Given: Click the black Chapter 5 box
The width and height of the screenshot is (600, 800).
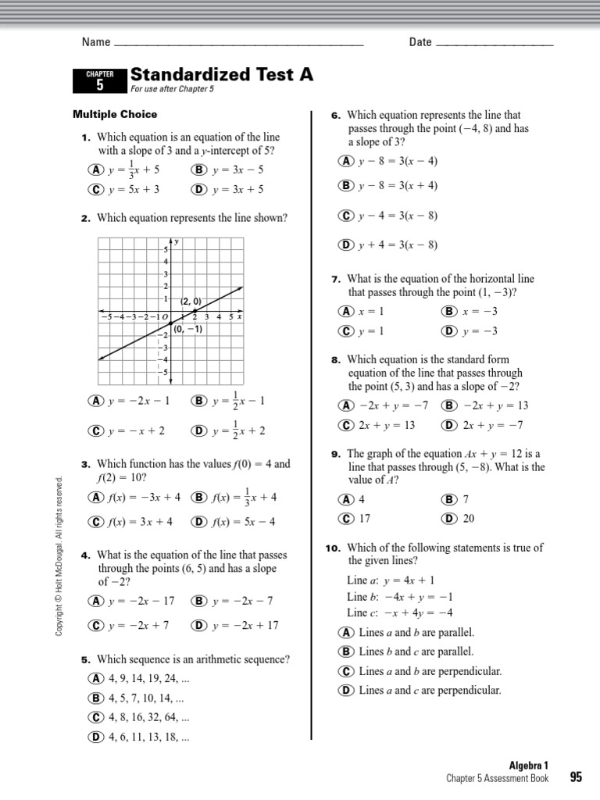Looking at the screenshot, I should point(99,80).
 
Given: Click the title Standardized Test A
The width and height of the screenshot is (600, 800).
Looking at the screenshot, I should point(222,74).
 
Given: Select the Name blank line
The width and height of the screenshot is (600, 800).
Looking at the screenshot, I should point(238,43).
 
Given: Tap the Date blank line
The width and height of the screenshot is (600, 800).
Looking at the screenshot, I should point(494,43).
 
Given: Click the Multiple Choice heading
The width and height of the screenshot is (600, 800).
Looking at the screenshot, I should point(115,114).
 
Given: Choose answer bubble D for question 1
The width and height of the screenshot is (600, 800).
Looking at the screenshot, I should point(197,189).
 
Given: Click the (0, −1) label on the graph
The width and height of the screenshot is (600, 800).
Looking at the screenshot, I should point(188,329).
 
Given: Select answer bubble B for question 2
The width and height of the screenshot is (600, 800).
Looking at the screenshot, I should point(197,401).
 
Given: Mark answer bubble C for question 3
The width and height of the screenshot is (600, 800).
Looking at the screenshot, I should point(96,522).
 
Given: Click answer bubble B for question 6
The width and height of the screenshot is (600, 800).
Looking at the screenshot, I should point(345,185).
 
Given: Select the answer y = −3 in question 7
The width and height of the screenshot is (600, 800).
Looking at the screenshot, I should point(480,330).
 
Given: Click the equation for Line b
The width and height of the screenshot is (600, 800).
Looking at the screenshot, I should point(395,596).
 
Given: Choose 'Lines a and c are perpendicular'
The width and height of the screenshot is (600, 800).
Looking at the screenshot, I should point(429,690).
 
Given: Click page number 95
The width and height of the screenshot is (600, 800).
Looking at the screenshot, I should point(576,777).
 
